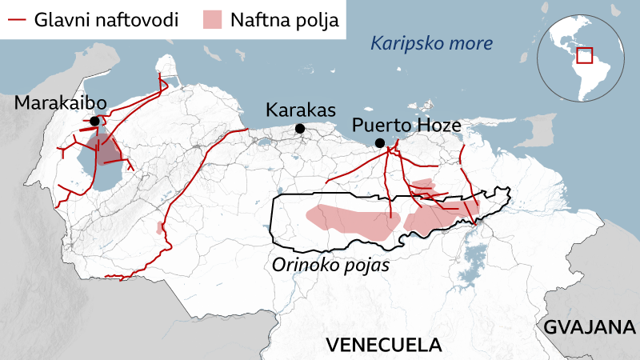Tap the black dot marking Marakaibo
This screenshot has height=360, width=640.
pyautogui.click(x=95, y=121)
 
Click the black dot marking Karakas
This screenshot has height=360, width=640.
pyautogui.click(x=299, y=128)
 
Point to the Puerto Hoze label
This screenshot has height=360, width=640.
pyautogui.click(x=406, y=126)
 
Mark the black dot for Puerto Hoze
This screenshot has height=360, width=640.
pyautogui.click(x=380, y=143)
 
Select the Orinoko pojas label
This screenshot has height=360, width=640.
pyautogui.click(x=330, y=265)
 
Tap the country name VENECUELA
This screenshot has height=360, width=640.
pyautogui.click(x=384, y=345)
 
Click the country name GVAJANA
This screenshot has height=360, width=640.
pyautogui.click(x=590, y=327)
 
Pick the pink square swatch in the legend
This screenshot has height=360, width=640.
pyautogui.click(x=212, y=19)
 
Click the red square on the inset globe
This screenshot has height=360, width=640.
pyautogui.click(x=584, y=55)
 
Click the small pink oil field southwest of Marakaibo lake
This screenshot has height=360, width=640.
pyautogui.click(x=161, y=228)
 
